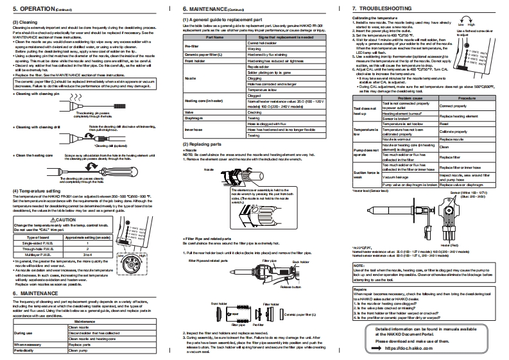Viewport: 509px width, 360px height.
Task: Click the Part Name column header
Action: coord(213,56)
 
